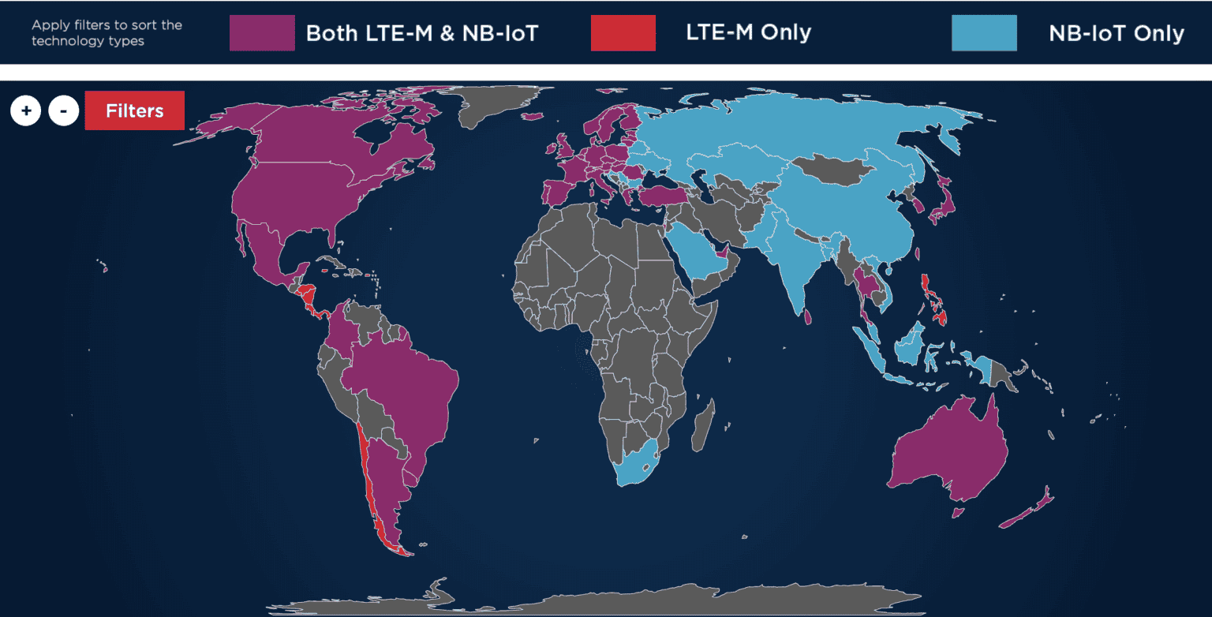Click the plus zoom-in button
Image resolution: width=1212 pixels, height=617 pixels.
click(x=26, y=110)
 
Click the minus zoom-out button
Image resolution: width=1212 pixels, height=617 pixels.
click(x=63, y=110)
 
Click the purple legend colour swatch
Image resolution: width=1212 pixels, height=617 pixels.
click(x=262, y=33)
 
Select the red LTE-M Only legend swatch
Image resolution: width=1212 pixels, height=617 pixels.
click(x=623, y=33)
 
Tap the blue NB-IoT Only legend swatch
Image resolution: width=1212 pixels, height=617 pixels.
click(x=984, y=33)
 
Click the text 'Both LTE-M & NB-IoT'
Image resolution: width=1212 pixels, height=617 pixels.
click(x=422, y=33)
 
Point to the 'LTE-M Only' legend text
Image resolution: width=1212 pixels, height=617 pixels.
click(x=748, y=32)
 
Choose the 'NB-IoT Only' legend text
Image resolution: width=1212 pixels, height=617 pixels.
click(x=1116, y=33)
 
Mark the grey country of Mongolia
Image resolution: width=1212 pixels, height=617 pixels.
click(x=829, y=168)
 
